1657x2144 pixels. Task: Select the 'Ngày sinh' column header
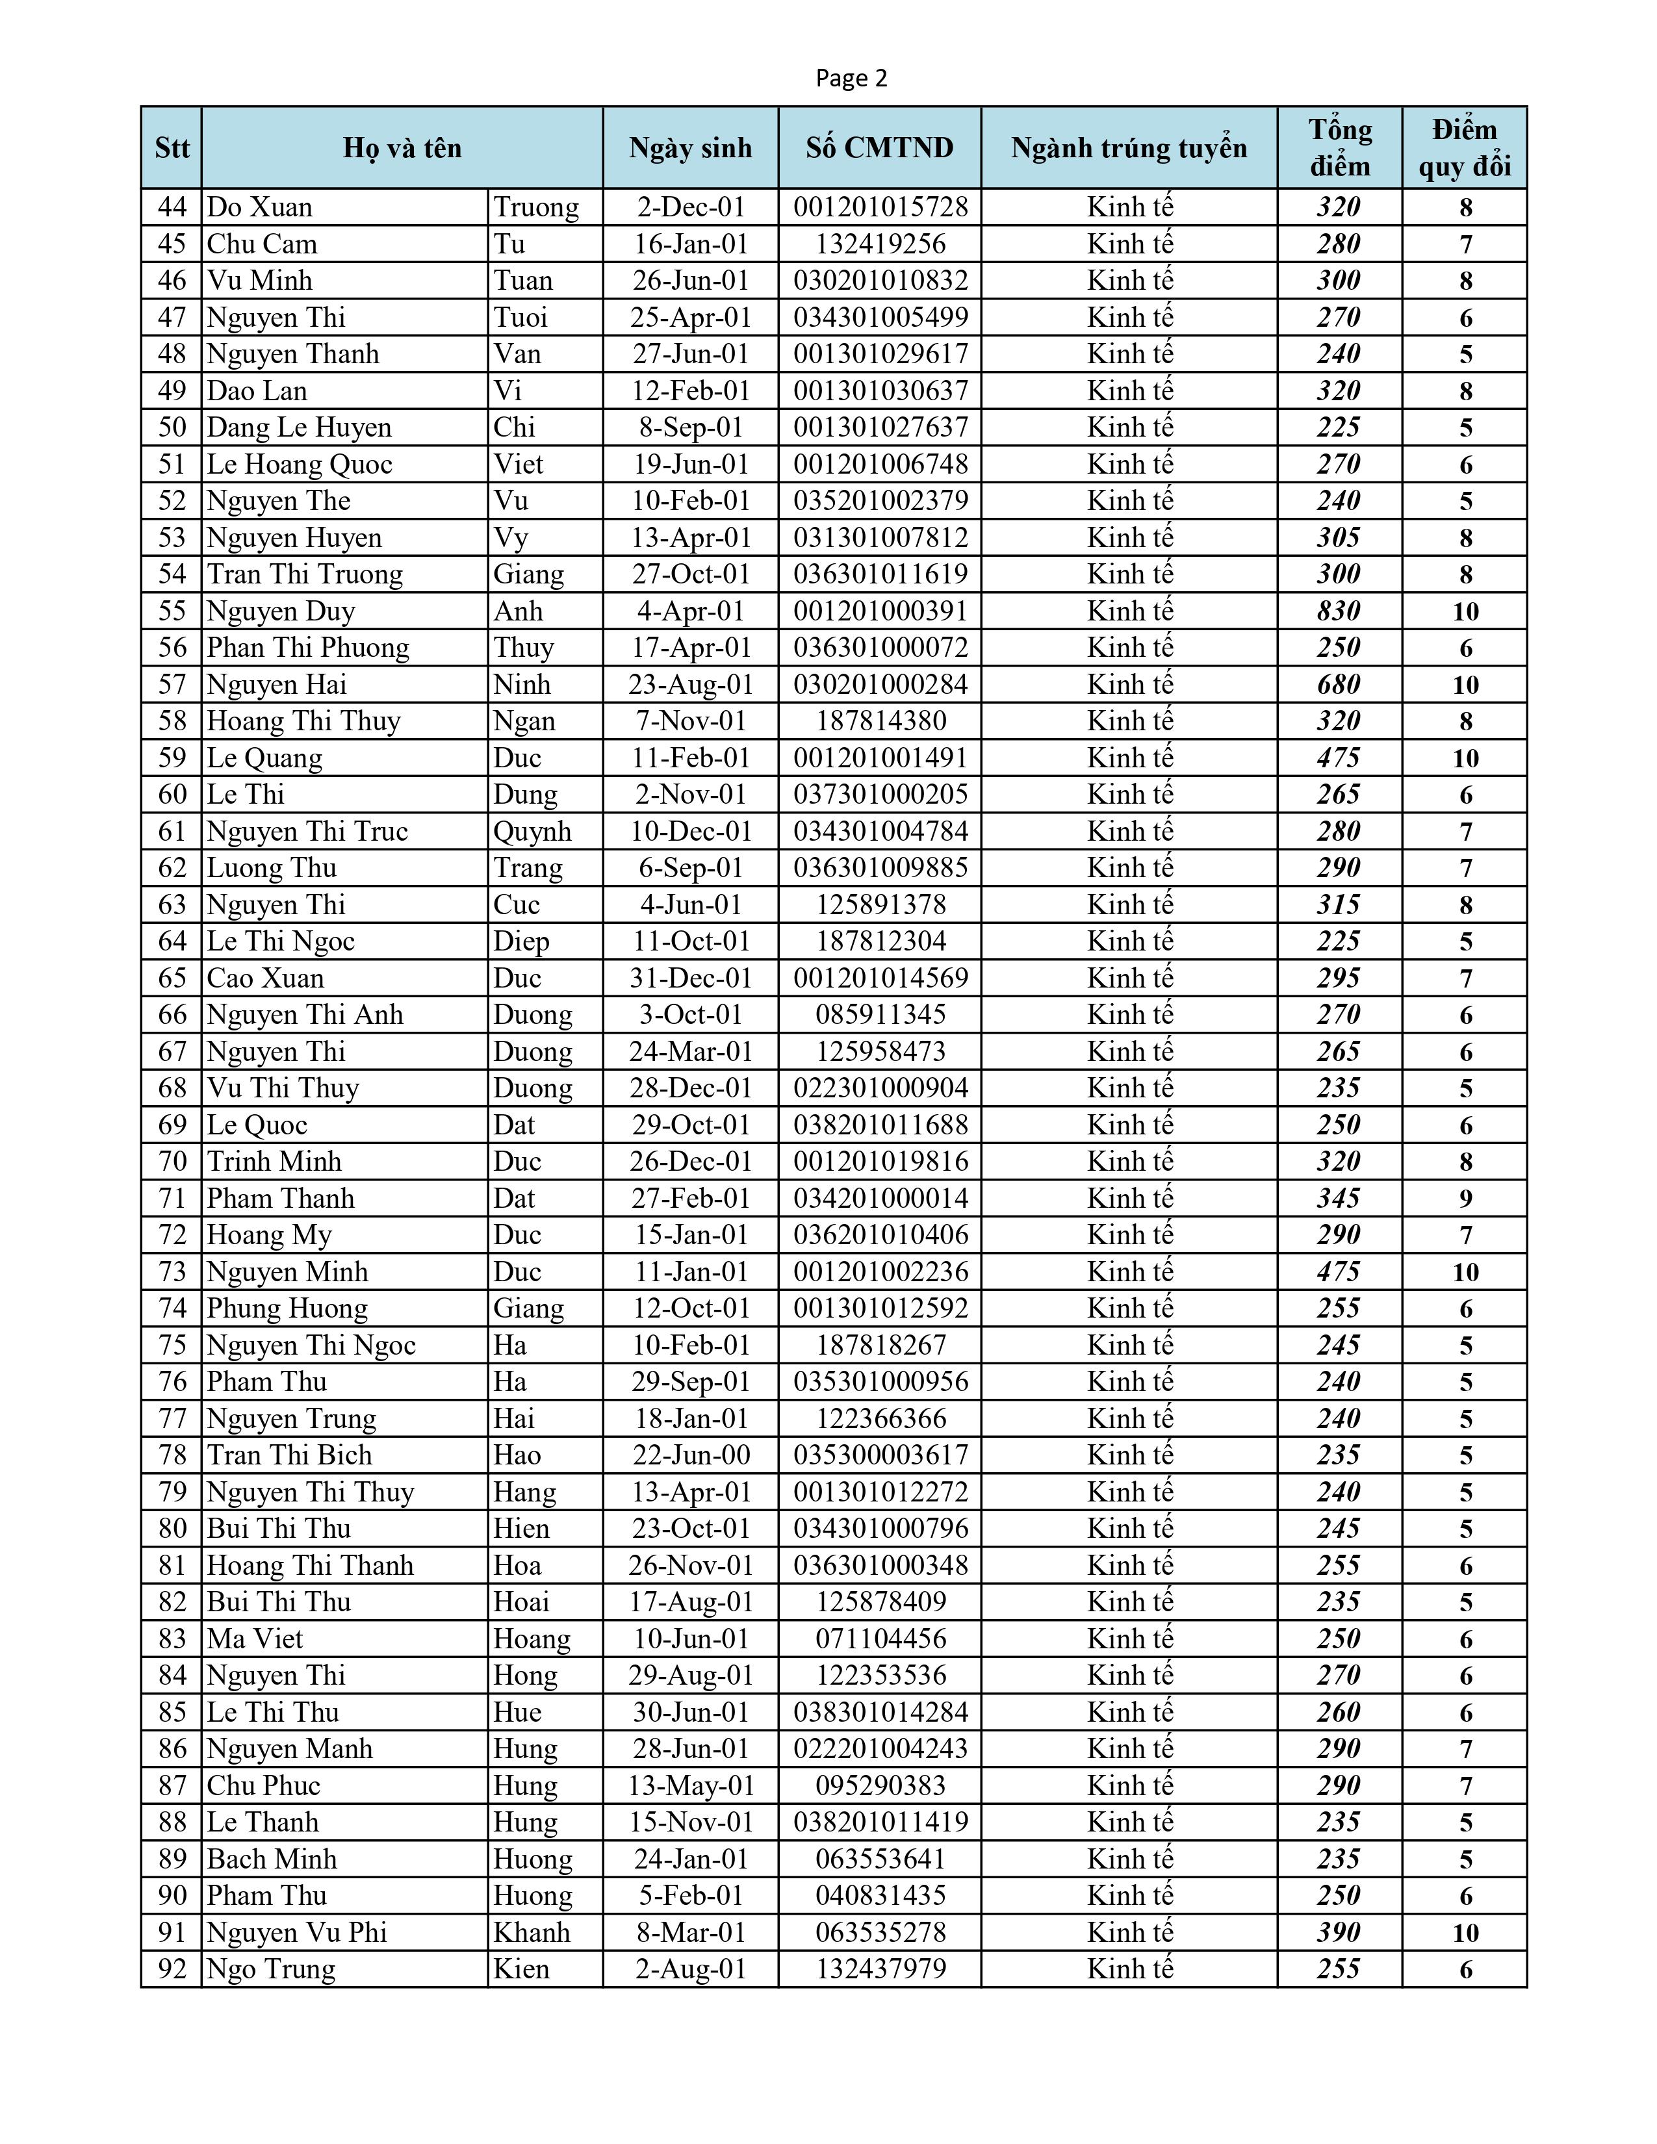click(690, 148)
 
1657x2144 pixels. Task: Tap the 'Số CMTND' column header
click(880, 148)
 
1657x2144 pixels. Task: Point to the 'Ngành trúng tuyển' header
click(1129, 148)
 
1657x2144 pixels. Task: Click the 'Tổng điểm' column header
click(1339, 148)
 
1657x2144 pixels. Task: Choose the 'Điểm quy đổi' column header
click(1465, 148)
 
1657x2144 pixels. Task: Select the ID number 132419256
click(880, 244)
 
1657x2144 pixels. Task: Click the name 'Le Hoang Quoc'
click(300, 465)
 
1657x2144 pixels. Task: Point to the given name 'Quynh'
click(532, 832)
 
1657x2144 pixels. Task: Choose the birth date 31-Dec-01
click(690, 978)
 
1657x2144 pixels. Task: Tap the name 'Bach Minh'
click(272, 1859)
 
